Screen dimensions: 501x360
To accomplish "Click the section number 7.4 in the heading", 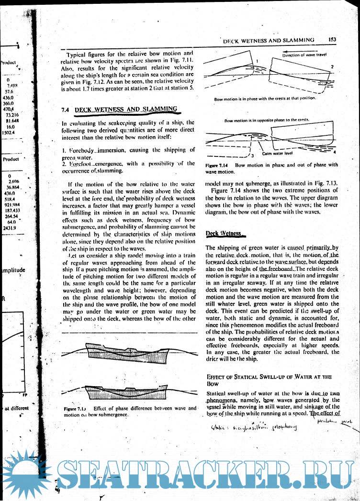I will point(66,110).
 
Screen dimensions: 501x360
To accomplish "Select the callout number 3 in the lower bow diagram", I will point(252,154).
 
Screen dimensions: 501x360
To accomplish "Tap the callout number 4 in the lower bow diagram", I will point(334,151).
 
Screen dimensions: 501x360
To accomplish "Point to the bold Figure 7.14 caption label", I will point(218,165).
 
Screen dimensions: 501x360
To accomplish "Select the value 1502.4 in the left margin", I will point(9,132).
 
